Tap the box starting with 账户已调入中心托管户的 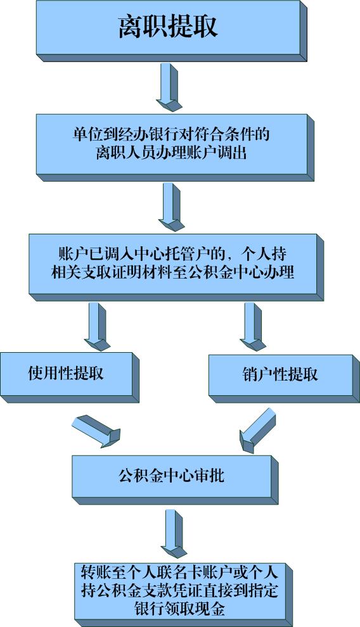pyautogui.click(x=176, y=267)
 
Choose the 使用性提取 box pyautogui.click(x=70, y=377)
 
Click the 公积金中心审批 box pyautogui.click(x=175, y=479)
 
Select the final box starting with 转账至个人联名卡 pyautogui.click(x=183, y=595)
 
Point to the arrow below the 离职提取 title pyautogui.click(x=169, y=87)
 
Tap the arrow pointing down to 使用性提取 pyautogui.click(x=97, y=327)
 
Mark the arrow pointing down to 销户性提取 pyautogui.click(x=253, y=327)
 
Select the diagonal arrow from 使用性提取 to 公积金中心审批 pyautogui.click(x=96, y=431)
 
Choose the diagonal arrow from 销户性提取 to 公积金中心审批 pyautogui.click(x=257, y=431)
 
